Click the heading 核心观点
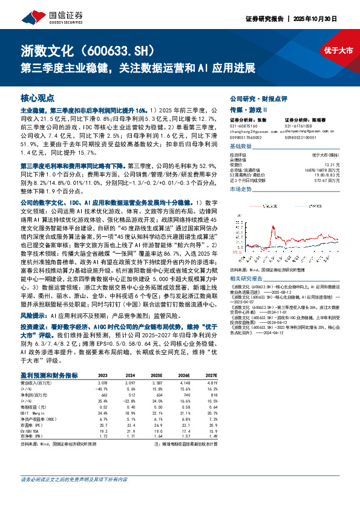pos(38,97)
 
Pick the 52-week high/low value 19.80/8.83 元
pos(327,173)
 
